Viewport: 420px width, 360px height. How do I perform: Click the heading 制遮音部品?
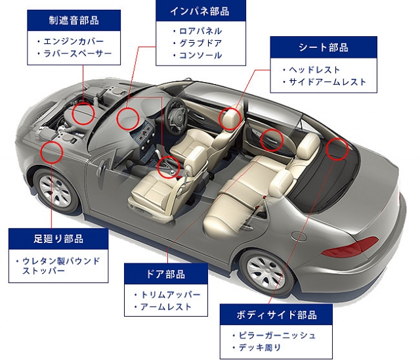[x=75, y=20]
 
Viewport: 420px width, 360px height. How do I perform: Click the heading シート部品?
[x=324, y=47]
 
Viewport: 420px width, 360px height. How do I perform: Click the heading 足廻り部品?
[x=59, y=238]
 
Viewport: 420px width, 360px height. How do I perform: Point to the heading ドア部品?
[x=165, y=274]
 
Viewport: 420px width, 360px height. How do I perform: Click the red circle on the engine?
[x=83, y=113]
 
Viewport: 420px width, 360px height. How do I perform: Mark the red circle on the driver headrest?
[x=229, y=118]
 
